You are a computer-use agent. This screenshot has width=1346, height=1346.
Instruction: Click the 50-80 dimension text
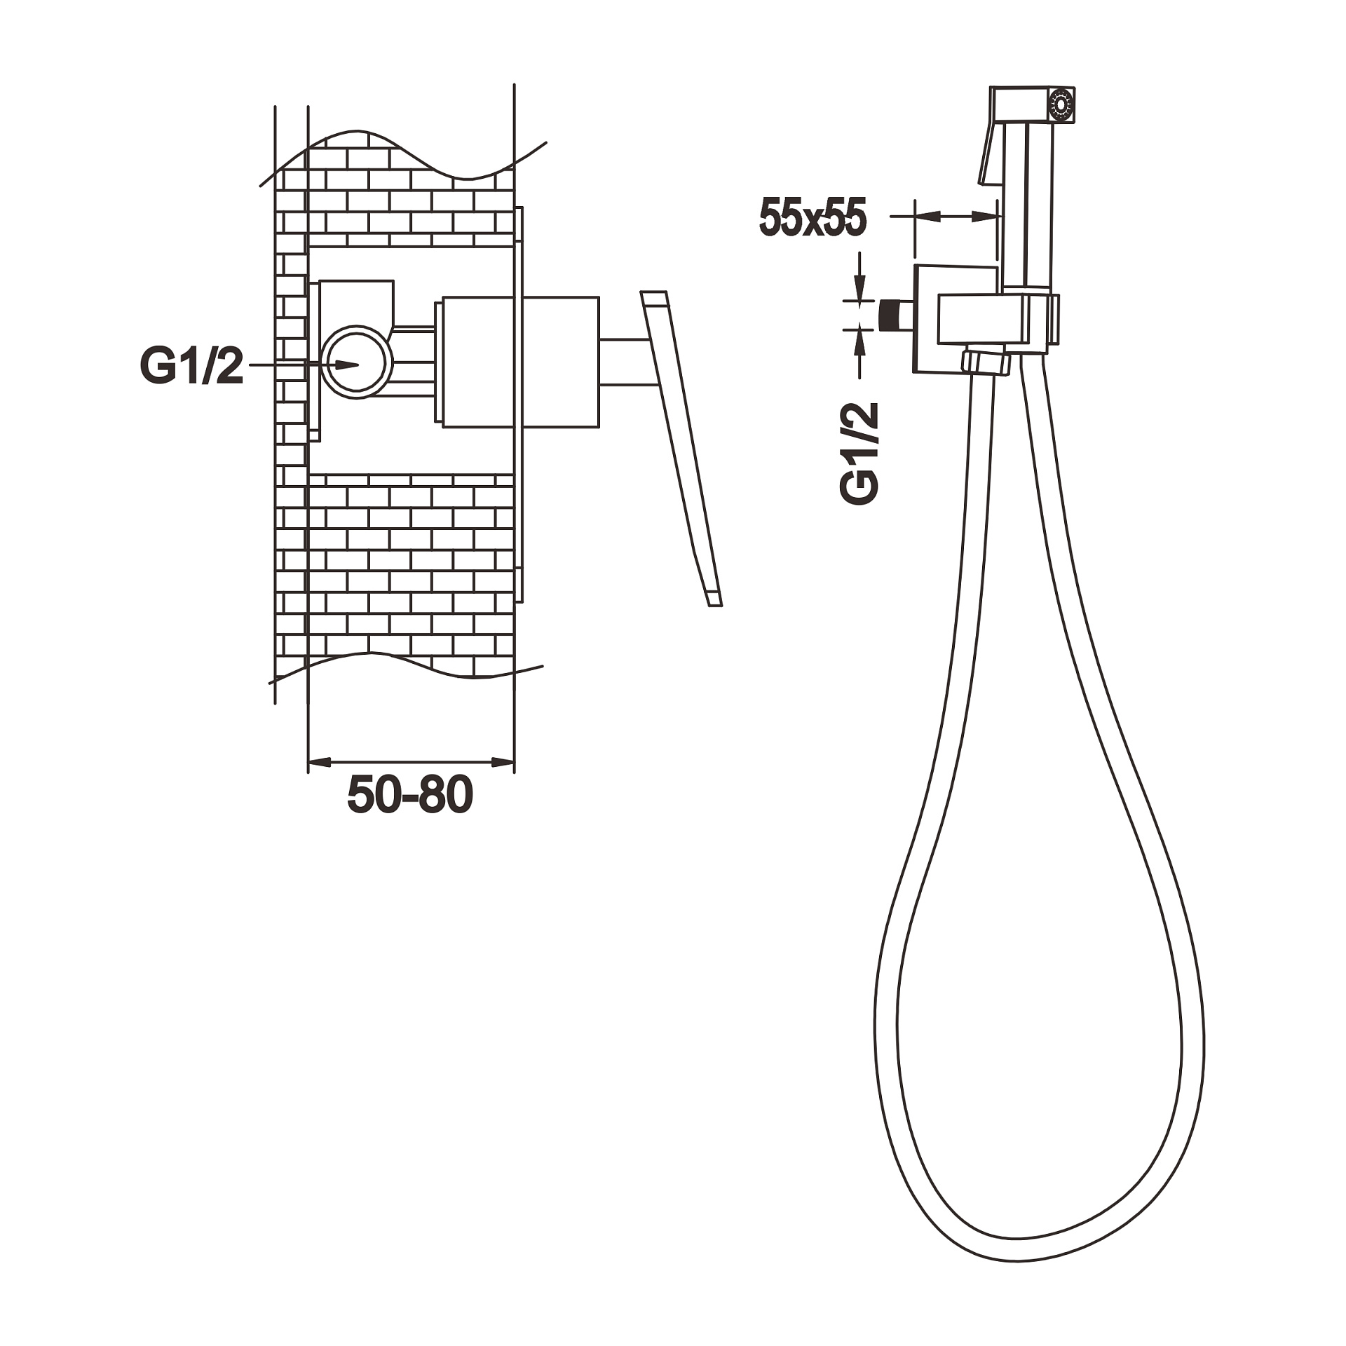coord(410,795)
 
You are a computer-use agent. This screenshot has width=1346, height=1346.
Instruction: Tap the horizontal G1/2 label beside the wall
coord(191,366)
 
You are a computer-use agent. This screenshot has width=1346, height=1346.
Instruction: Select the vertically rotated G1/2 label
coord(860,453)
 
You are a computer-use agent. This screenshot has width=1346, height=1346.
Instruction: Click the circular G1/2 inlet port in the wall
coord(358,362)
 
